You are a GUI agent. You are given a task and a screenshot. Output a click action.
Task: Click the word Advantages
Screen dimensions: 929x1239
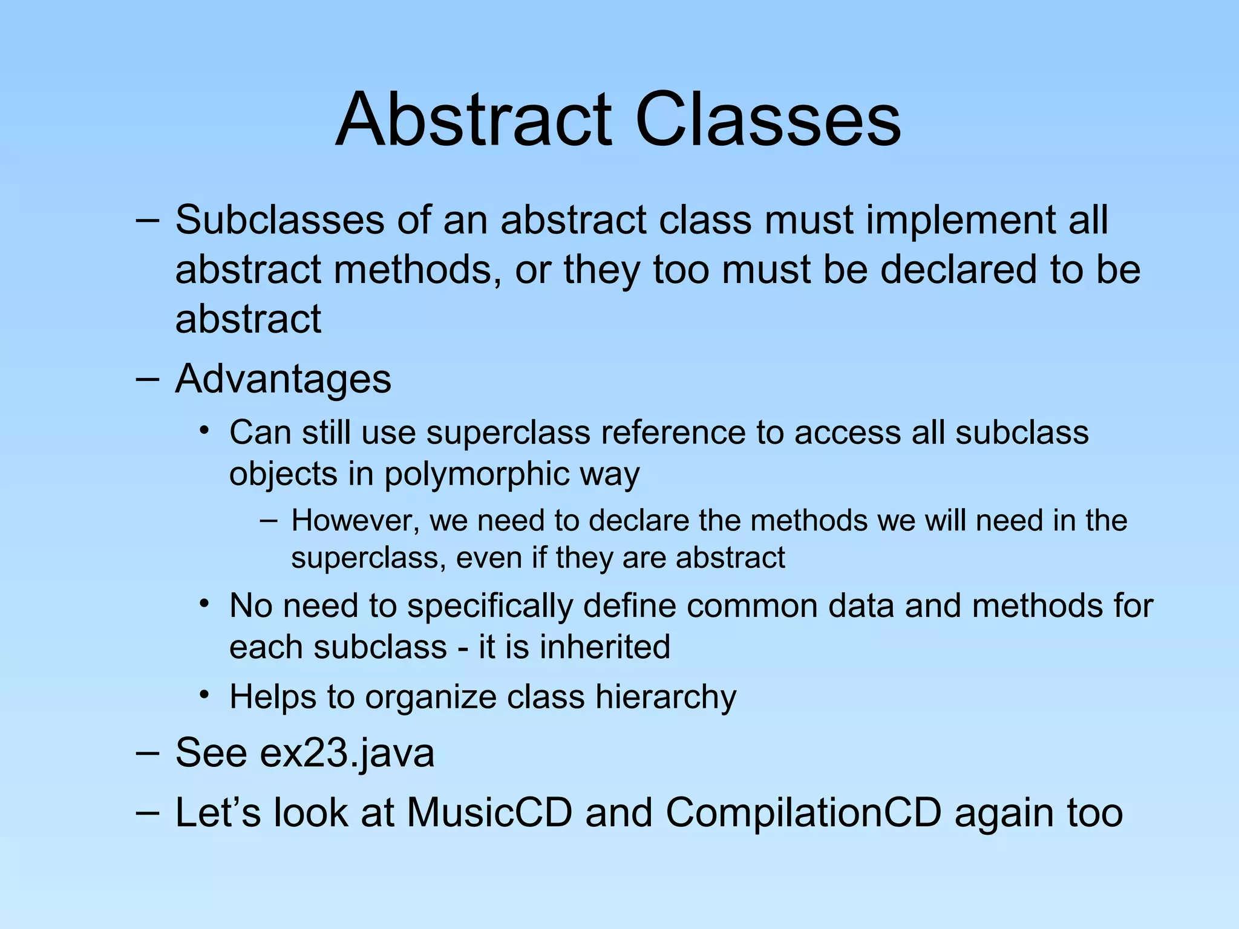[x=283, y=379]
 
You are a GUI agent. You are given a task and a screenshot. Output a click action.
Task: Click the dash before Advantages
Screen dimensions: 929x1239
[x=148, y=379]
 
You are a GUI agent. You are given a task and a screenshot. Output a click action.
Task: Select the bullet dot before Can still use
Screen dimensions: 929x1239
[x=205, y=431]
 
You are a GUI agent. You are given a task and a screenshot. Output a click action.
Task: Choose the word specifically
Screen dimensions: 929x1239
[x=489, y=606]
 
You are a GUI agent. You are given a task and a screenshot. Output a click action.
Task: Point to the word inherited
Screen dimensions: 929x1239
[x=605, y=647]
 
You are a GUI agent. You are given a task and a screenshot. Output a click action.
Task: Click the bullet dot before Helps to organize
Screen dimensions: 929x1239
[x=205, y=695]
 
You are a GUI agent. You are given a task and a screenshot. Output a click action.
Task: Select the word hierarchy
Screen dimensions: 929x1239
[x=665, y=697]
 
